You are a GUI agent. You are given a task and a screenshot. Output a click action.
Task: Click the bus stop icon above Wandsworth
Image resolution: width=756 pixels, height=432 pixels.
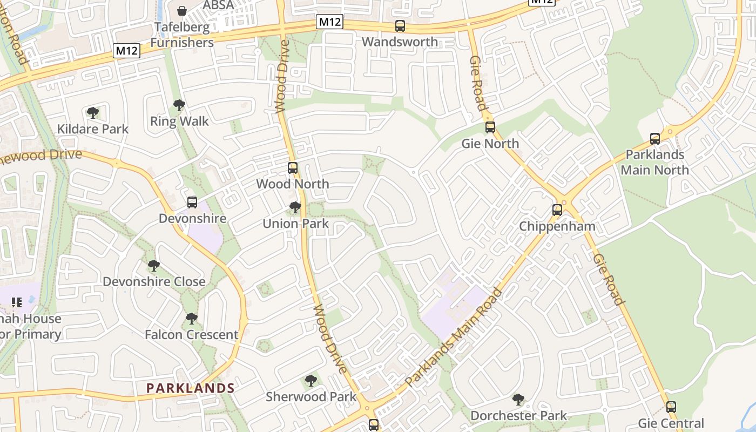(x=400, y=25)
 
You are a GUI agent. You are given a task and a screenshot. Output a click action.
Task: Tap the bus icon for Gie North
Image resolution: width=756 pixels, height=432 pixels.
(x=490, y=127)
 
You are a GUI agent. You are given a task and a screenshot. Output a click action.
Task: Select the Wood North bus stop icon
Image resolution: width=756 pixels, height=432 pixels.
(x=292, y=168)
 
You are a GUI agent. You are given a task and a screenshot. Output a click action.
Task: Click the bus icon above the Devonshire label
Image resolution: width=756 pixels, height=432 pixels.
(x=192, y=202)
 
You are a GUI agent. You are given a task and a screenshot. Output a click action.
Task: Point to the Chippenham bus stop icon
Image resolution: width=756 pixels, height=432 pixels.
(x=557, y=210)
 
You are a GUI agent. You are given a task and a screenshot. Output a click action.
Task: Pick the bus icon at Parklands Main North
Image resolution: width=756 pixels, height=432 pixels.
(x=654, y=139)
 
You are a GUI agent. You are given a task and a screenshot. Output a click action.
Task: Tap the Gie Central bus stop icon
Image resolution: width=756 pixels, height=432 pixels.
(x=671, y=407)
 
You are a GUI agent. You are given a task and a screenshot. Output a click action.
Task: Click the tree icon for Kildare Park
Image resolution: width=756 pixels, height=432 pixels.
(x=93, y=113)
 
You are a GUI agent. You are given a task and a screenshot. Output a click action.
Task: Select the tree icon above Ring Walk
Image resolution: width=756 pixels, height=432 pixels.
(x=179, y=105)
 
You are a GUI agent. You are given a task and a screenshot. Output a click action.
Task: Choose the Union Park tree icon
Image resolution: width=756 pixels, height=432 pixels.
(x=295, y=207)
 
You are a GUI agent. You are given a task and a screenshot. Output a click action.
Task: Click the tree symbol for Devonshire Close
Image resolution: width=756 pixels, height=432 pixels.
(x=154, y=266)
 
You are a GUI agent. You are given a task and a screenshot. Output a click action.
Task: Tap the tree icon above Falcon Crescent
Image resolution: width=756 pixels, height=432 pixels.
(x=191, y=319)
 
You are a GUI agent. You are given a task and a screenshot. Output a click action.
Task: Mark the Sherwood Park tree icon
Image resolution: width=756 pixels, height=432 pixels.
(x=310, y=381)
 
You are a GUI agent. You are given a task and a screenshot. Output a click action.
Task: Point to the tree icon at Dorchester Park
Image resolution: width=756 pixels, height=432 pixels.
(x=518, y=400)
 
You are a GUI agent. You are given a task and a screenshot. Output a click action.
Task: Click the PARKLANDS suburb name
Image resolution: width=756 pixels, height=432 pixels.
(x=191, y=388)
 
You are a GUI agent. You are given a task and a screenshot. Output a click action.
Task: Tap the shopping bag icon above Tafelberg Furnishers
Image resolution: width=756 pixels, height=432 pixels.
(x=183, y=11)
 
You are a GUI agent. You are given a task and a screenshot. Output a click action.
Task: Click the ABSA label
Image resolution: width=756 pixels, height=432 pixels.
(x=218, y=5)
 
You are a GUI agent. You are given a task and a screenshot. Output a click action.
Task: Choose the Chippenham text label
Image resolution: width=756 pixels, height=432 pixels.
(x=557, y=226)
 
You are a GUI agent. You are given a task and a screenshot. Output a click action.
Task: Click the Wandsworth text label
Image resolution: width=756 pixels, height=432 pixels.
(x=400, y=42)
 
